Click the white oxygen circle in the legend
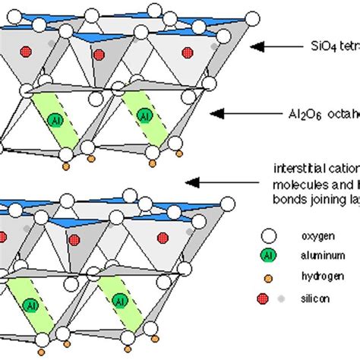pyautogui.click(x=267, y=235)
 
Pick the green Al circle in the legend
pyautogui.click(x=267, y=256)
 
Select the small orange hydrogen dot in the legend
pyautogui.click(x=267, y=277)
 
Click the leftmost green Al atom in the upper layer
pyautogui.click(x=53, y=119)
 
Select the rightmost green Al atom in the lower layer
pyautogui.click(x=119, y=302)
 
